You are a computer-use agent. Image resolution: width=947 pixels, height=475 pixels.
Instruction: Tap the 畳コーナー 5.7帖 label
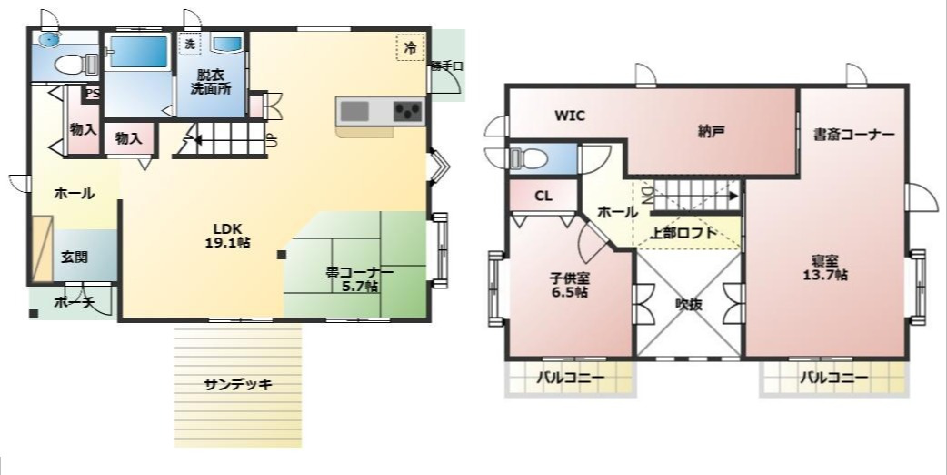click(x=359, y=278)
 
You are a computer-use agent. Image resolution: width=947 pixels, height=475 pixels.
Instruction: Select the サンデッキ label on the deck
click(x=238, y=384)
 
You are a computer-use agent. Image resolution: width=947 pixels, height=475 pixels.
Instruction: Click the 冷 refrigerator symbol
click(x=410, y=48)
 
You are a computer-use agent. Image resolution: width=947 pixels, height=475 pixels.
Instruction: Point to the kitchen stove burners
click(x=408, y=112)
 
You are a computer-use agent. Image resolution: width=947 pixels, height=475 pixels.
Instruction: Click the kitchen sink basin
click(x=354, y=112)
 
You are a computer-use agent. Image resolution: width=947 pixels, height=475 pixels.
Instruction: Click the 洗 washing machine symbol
click(x=190, y=44)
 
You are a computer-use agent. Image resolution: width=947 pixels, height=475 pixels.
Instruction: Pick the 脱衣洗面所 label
click(x=210, y=82)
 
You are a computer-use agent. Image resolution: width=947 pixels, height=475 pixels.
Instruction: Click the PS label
click(x=92, y=94)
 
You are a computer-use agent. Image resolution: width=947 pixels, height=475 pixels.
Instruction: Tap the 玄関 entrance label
click(x=75, y=258)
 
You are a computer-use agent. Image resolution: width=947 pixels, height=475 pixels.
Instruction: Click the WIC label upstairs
click(x=570, y=116)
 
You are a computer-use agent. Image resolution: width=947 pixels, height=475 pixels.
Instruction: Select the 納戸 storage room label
click(x=711, y=131)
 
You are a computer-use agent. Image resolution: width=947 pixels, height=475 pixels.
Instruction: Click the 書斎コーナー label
click(x=853, y=135)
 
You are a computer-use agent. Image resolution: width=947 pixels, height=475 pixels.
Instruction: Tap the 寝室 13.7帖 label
click(x=825, y=268)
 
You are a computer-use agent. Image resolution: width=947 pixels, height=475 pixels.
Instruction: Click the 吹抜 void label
click(x=688, y=305)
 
